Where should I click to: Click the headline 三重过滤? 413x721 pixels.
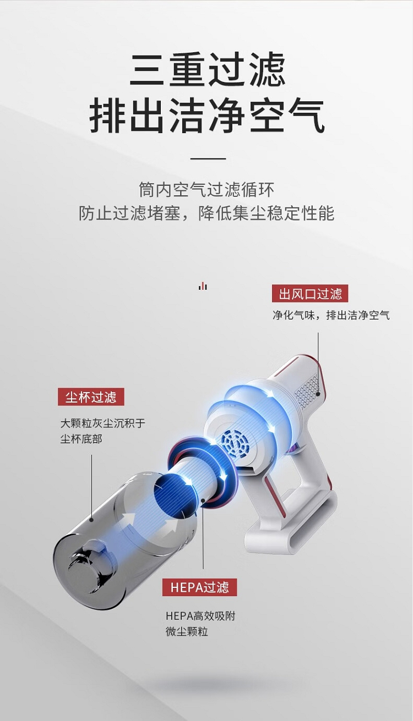point(207,69)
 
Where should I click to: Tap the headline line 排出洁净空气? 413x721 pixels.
point(206,115)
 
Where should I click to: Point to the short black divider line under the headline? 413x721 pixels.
point(208,158)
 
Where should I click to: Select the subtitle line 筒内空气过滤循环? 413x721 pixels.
point(206,189)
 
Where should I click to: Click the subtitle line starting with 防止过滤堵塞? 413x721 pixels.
point(206,213)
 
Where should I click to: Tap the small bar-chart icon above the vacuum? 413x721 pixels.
point(203,285)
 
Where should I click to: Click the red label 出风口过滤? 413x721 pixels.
point(310,293)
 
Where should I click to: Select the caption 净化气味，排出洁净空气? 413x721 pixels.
point(331,315)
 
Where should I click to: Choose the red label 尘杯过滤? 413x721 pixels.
point(91,397)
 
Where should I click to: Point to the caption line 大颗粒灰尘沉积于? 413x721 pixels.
point(103,423)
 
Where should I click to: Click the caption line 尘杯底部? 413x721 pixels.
point(81,439)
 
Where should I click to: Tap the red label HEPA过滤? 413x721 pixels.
point(199,587)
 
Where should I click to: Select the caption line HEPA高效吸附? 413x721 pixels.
point(200,616)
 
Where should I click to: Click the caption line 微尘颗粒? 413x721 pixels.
point(187,631)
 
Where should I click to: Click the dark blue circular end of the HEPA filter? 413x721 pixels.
point(174,498)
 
